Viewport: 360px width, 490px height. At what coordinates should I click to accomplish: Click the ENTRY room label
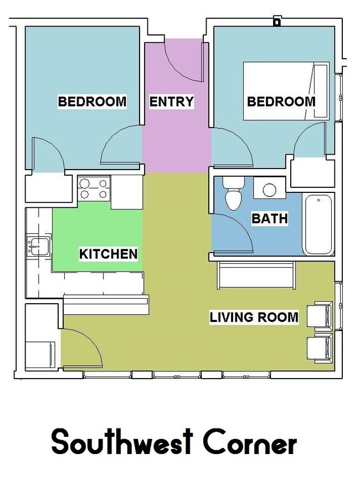click(x=171, y=102)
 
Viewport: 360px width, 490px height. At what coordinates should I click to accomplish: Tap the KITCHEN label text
click(x=109, y=254)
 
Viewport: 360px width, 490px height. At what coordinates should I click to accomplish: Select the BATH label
click(x=270, y=218)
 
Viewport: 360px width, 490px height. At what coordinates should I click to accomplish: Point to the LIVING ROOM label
click(x=254, y=317)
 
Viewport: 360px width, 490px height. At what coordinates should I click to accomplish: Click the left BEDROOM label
click(x=92, y=101)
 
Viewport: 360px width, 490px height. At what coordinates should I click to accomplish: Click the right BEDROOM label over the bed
click(x=281, y=101)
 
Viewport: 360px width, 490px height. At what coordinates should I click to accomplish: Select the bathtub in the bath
click(x=318, y=224)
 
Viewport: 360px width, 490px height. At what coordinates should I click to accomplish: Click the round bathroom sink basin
click(x=270, y=190)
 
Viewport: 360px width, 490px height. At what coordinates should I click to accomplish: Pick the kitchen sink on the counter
click(x=38, y=247)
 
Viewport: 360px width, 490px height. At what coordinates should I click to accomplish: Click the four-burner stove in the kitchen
click(x=94, y=189)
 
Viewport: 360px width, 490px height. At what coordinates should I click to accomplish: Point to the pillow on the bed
click(x=321, y=91)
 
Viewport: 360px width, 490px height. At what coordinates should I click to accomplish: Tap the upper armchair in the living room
click(x=320, y=314)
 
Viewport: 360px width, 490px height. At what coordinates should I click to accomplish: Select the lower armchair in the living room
click(x=320, y=348)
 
